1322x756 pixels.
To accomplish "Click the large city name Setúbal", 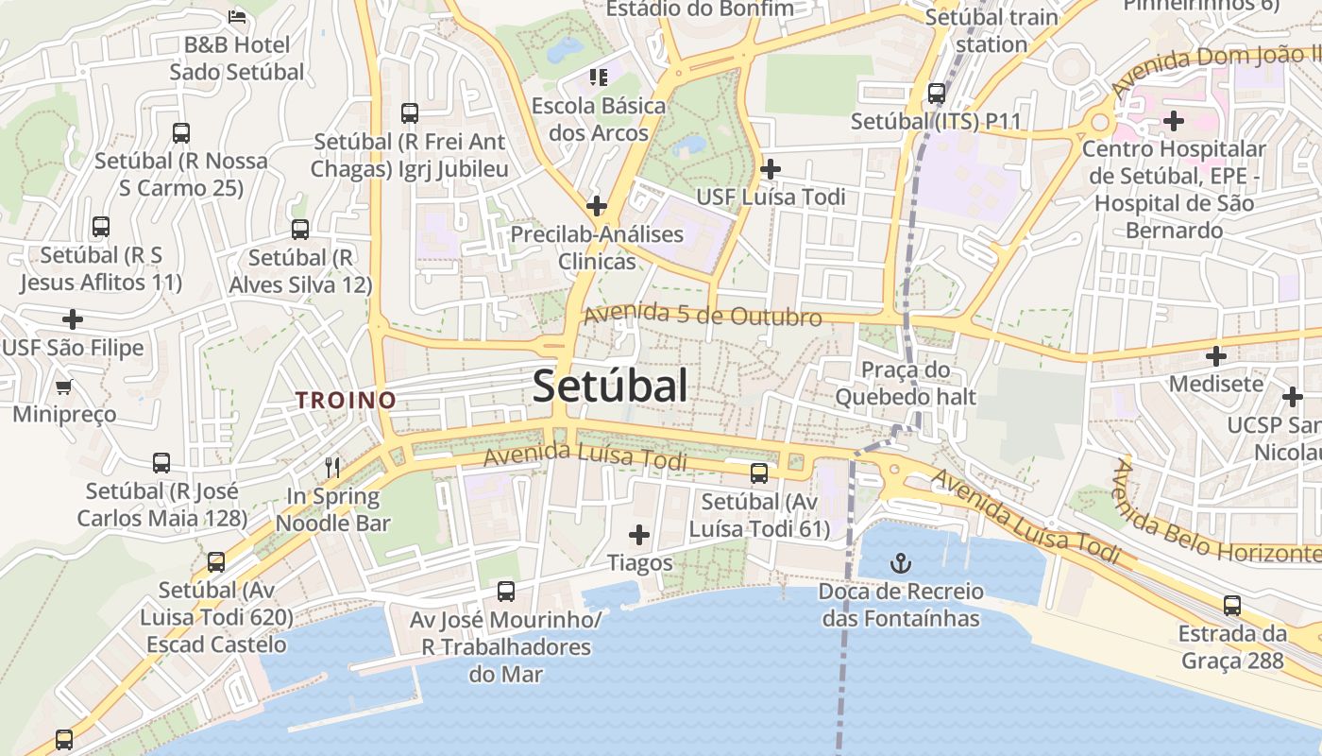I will pos(610,386).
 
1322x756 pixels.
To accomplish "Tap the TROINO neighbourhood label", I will pos(346,400).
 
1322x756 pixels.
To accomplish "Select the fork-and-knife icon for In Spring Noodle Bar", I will pos(332,467).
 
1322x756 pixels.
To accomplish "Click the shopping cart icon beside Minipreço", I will pos(64,387).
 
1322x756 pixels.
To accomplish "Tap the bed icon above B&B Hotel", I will pos(237,16).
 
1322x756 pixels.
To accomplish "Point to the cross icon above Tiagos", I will pos(639,536).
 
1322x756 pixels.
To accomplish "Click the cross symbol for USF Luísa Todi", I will pos(771,169).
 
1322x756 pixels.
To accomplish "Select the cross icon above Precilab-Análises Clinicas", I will pos(597,205).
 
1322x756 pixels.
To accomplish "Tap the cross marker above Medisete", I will pos(1216,356).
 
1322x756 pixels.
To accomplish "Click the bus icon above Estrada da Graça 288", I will pos(1232,606).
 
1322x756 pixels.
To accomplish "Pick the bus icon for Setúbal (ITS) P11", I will pos(937,94).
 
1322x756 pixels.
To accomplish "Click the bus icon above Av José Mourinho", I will pos(506,592).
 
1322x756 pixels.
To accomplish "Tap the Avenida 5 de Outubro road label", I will pos(703,316).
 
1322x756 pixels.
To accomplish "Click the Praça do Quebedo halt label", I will pos(905,383).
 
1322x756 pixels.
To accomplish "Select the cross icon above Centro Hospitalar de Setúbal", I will pos(1174,121).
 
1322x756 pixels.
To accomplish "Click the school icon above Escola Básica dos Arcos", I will pos(598,77).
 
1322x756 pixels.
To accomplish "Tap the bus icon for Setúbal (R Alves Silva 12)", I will pos(300,229).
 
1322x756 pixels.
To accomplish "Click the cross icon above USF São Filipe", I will pos(73,319).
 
